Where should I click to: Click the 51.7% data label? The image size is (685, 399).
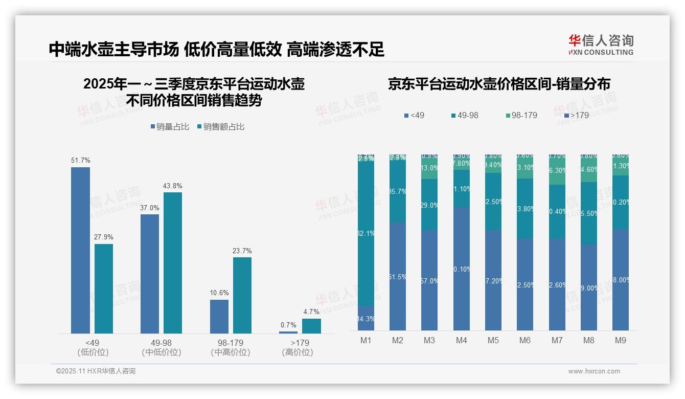[81, 161]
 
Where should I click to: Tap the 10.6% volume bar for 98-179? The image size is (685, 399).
[219, 317]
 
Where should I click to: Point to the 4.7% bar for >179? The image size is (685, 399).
[311, 326]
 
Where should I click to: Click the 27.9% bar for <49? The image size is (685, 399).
[104, 289]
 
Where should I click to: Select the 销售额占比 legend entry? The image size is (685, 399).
[221, 126]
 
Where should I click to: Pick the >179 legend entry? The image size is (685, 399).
[576, 116]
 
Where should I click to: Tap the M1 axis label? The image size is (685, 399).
[366, 340]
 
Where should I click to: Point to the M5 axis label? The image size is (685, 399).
[493, 340]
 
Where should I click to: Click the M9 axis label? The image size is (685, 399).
[621, 340]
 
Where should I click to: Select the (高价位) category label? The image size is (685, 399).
[297, 352]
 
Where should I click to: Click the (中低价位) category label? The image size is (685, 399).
[162, 352]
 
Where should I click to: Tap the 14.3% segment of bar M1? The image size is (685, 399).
[366, 318]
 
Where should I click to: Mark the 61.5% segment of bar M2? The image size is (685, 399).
[398, 277]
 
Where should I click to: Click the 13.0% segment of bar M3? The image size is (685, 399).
[429, 168]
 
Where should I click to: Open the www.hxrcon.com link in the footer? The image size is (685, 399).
[594, 371]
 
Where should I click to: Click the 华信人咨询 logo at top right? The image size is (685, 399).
[601, 45]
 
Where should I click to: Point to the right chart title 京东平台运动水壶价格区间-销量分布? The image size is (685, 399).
[499, 84]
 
